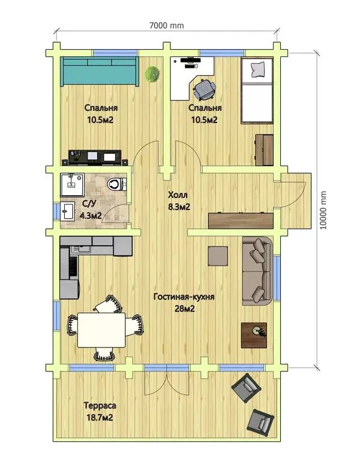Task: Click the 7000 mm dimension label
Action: click(167, 26)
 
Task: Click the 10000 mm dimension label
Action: click(323, 210)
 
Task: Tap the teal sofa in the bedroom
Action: click(100, 71)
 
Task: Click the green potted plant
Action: click(152, 74)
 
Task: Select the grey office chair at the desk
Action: click(204, 88)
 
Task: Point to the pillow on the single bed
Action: click(258, 70)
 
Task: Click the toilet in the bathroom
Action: click(116, 185)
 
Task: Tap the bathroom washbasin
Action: click(68, 211)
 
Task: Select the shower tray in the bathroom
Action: click(72, 185)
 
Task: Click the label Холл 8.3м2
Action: click(179, 201)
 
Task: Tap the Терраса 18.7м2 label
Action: click(100, 411)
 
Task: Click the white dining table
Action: click(101, 330)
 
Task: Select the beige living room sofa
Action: click(257, 271)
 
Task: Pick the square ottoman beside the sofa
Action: click(218, 256)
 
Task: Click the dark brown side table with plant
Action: click(254, 335)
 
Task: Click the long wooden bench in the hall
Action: click(241, 220)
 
